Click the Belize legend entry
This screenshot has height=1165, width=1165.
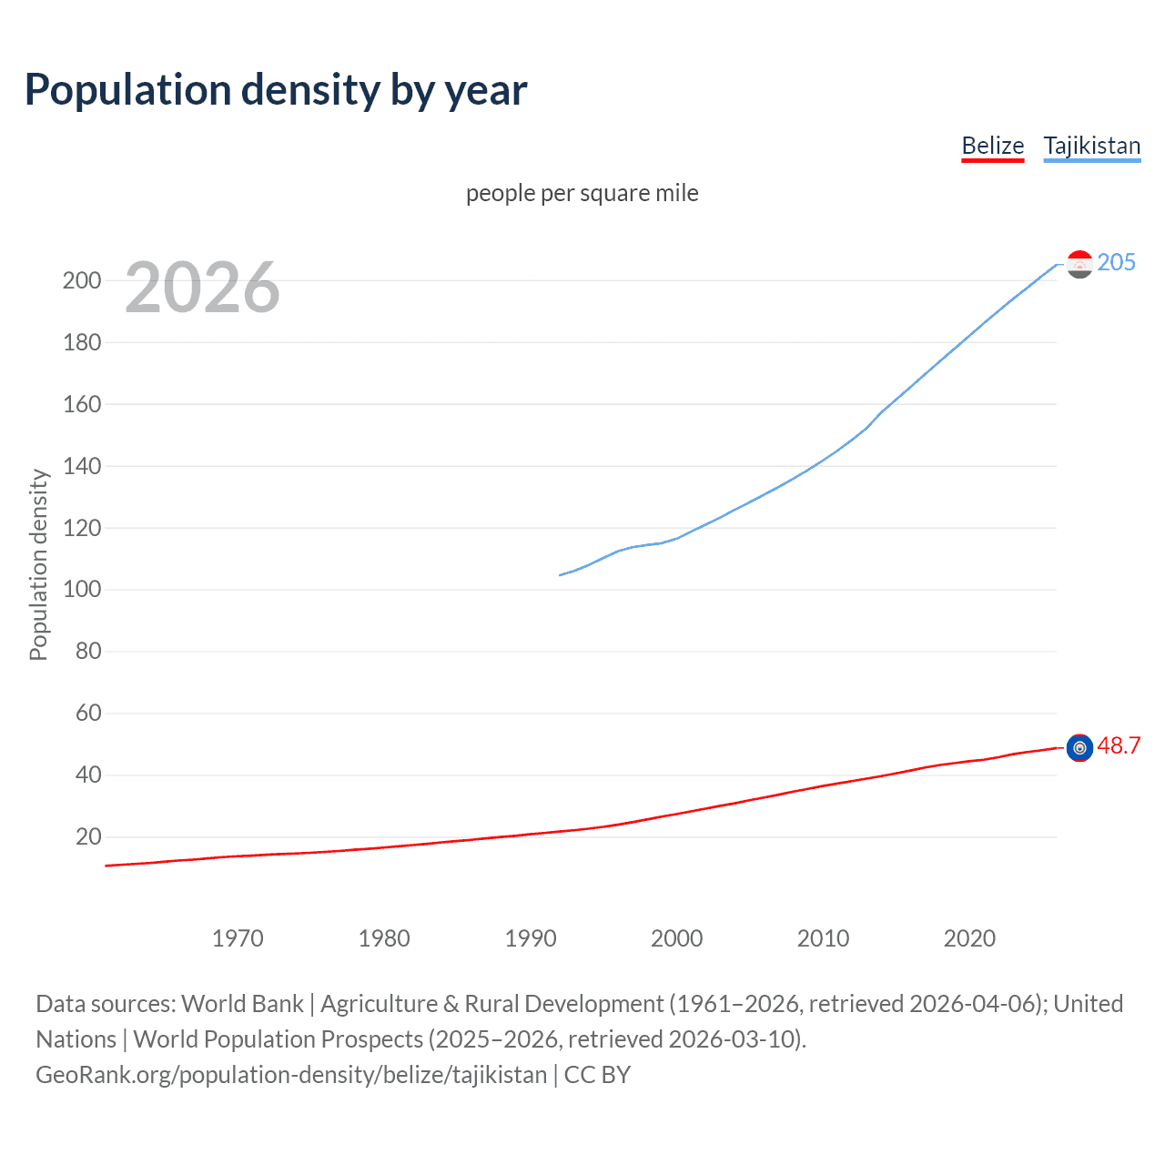point(992,146)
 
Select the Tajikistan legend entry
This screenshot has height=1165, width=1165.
point(1091,146)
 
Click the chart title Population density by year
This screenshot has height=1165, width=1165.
point(276,89)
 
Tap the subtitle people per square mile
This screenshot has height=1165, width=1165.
point(582,193)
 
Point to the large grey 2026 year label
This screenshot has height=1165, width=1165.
point(202,288)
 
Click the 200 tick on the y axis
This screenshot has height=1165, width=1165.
point(82,280)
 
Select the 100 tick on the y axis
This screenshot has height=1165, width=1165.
point(82,590)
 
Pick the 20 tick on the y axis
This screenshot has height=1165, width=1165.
point(88,837)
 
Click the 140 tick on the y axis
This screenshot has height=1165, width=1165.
point(82,466)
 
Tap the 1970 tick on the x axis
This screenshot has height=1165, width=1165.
point(238,938)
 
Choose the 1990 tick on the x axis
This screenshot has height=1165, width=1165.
point(531,938)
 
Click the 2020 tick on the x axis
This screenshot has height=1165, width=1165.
point(969,938)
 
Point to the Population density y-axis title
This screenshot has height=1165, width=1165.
point(38,564)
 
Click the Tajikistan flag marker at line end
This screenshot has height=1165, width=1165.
point(1079,264)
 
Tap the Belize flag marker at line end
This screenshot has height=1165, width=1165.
point(1079,747)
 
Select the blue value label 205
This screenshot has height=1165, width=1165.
point(1116,262)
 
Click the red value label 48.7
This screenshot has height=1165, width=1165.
point(1119,745)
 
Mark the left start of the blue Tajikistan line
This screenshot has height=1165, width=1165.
point(560,575)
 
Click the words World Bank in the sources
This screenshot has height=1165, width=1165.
point(242,1004)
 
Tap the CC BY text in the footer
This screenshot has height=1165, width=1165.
point(597,1075)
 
